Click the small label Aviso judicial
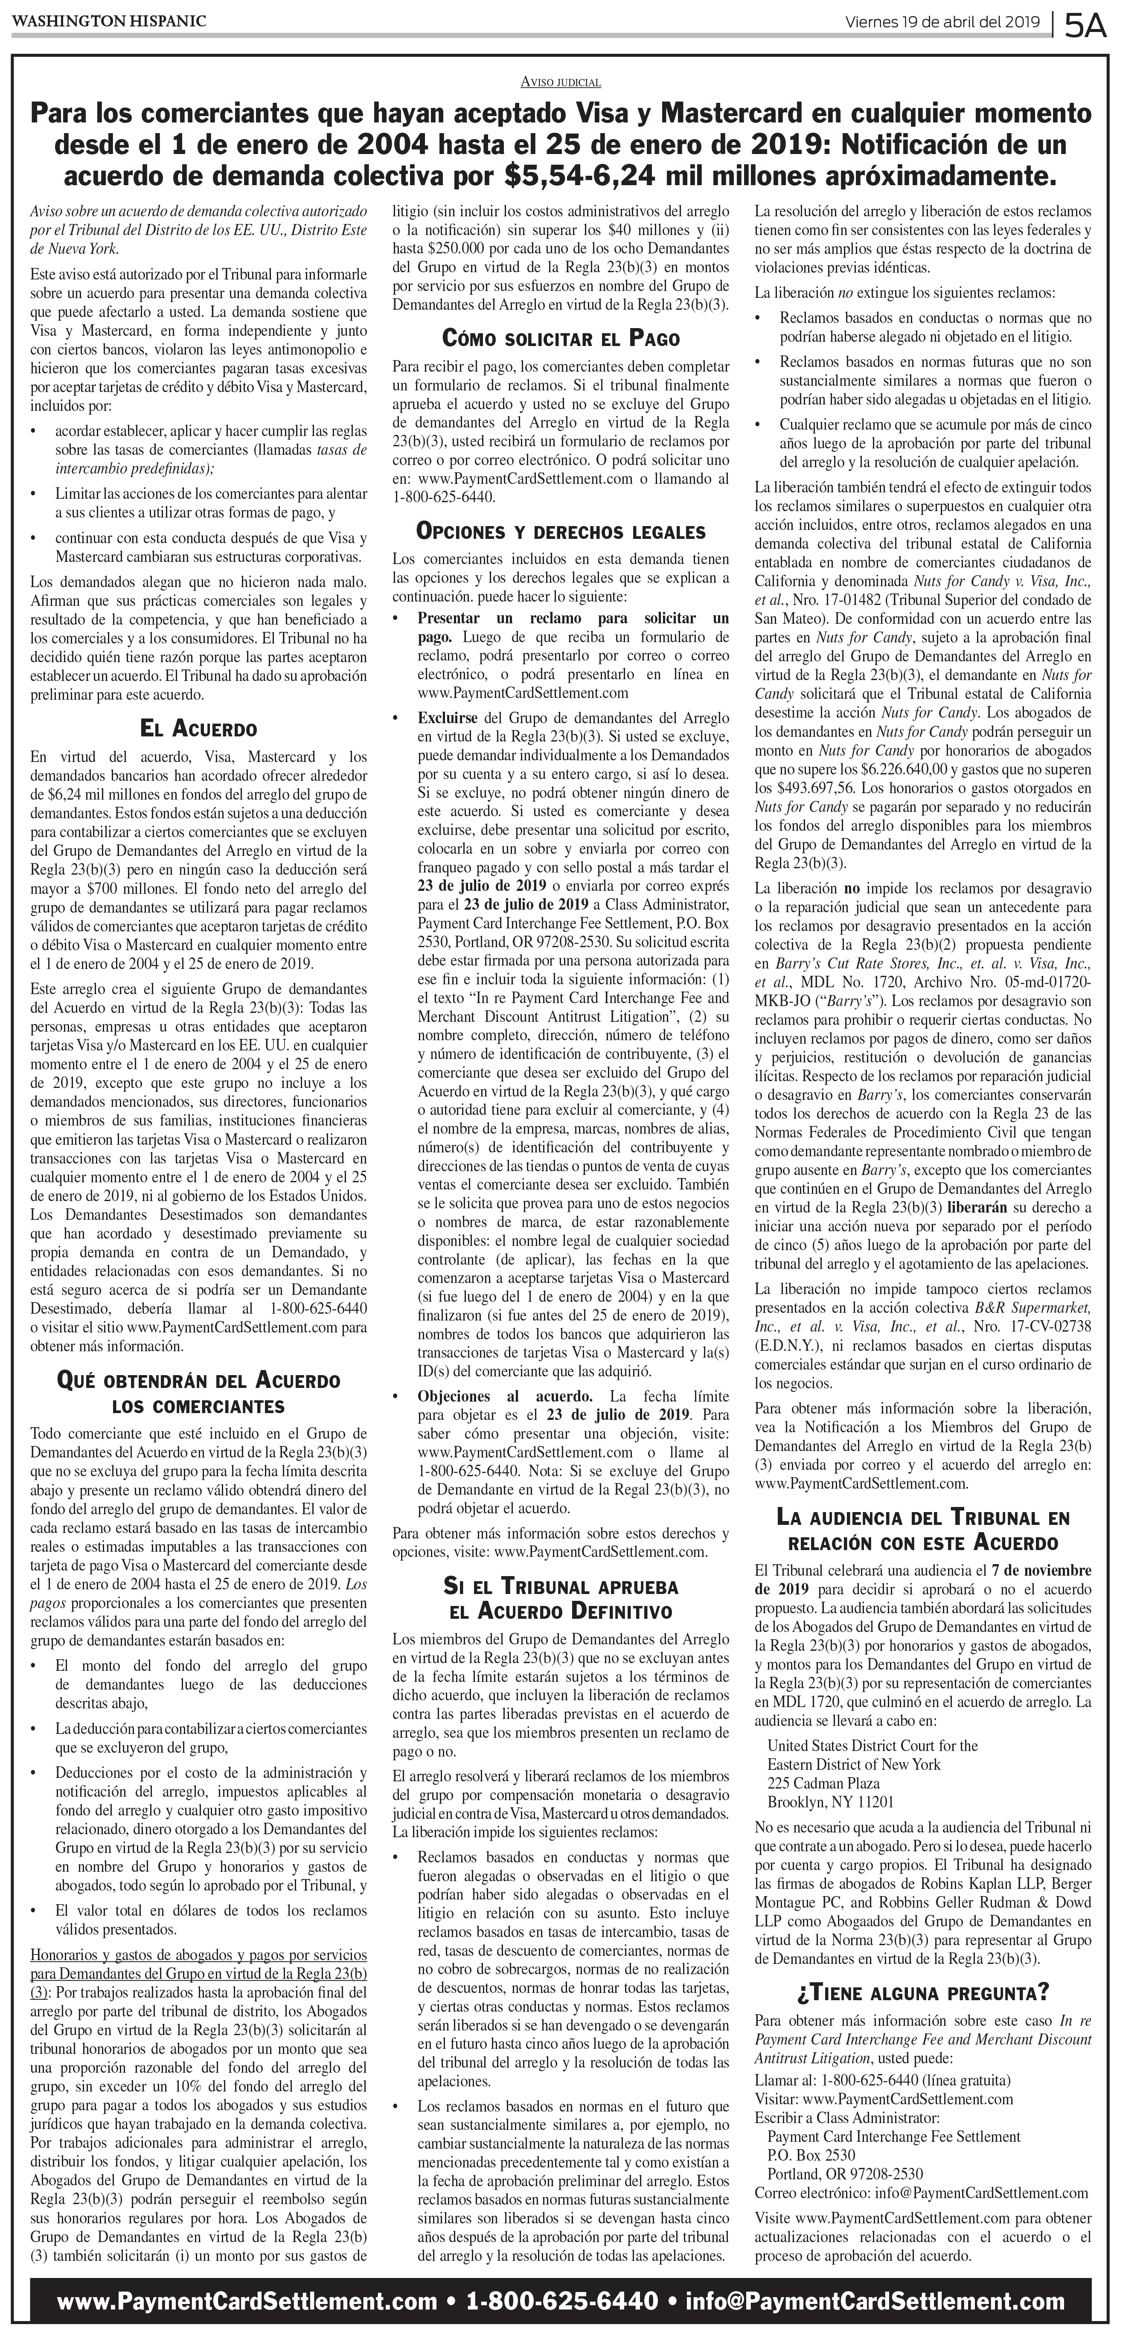point(561,82)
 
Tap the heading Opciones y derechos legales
point(561,531)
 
